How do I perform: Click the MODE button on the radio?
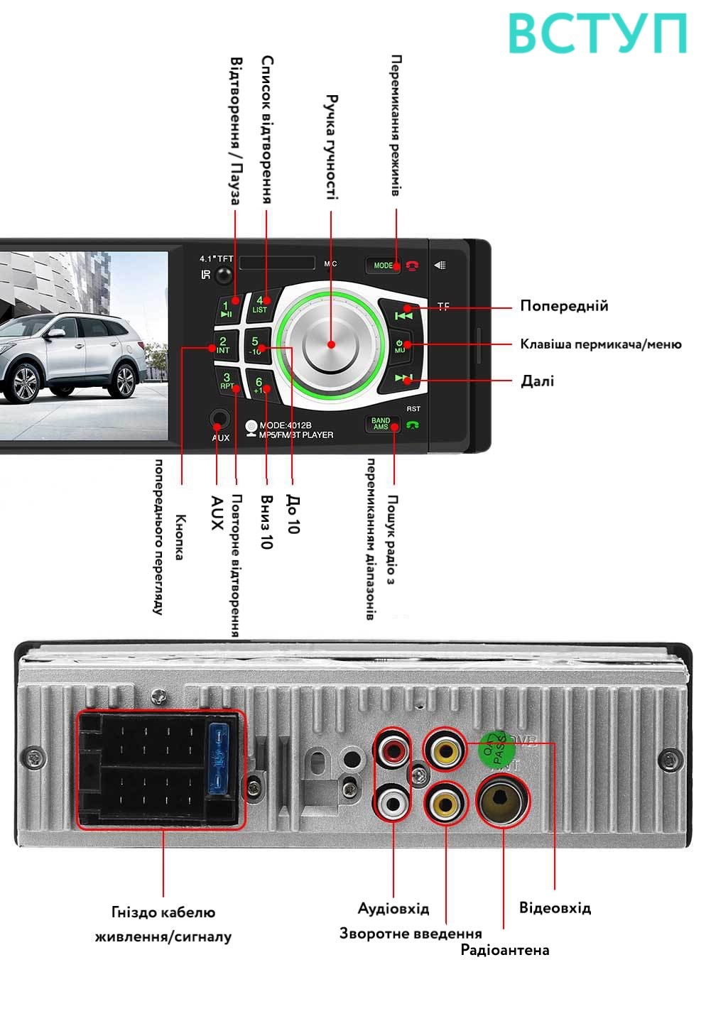(383, 266)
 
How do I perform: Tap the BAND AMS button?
(381, 424)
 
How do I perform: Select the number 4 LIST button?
(260, 305)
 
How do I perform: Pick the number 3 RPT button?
(227, 382)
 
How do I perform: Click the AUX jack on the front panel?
(220, 420)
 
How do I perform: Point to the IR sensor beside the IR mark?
(224, 275)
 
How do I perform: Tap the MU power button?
(400, 346)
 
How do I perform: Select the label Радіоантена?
(504, 950)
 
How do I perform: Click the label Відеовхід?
(555, 908)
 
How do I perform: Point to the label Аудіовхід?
(393, 909)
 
